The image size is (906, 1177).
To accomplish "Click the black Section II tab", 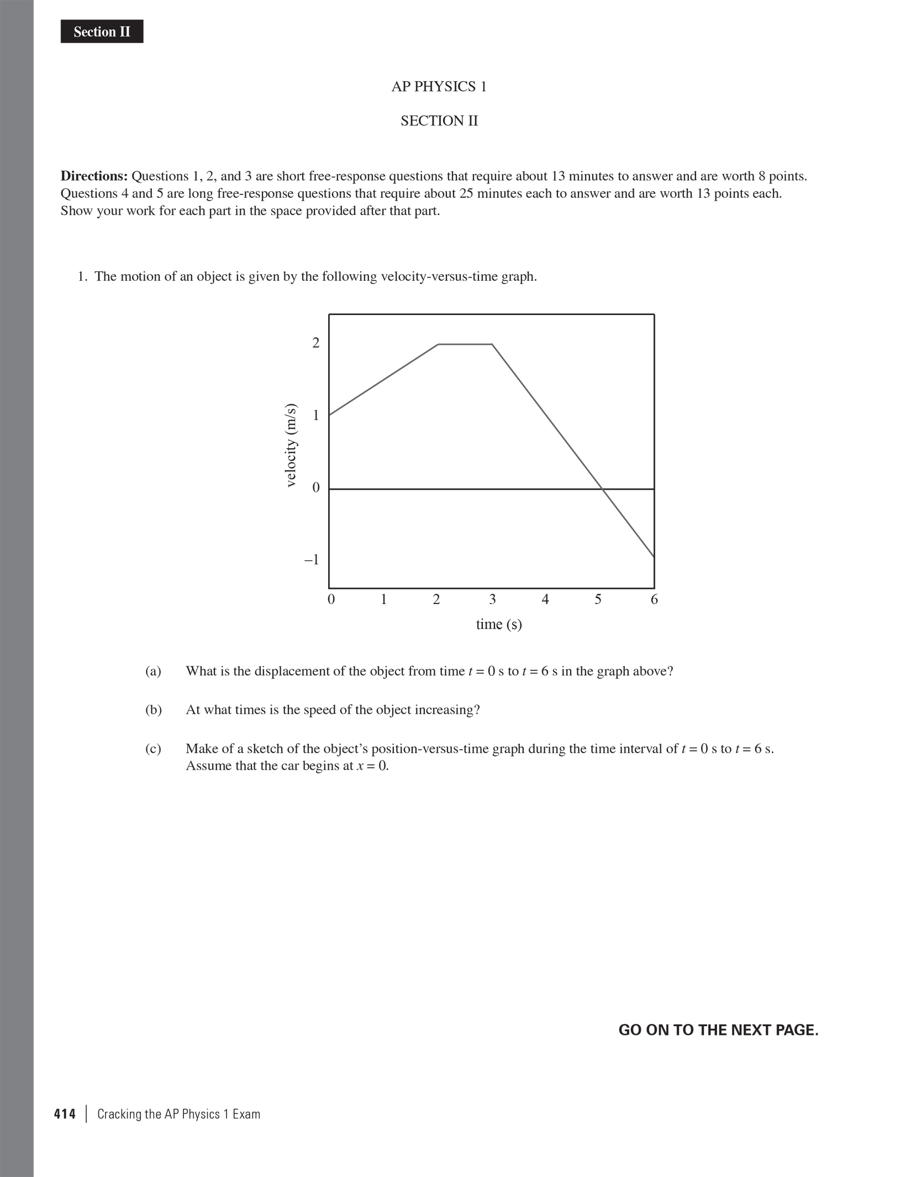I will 102,31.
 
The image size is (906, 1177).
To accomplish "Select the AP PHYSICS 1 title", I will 439,87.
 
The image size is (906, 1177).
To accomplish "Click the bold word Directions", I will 94,176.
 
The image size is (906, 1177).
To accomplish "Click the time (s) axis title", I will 499,624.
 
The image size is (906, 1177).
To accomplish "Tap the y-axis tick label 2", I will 316,343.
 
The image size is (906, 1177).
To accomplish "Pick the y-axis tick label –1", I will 312,560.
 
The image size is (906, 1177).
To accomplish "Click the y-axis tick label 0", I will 316,487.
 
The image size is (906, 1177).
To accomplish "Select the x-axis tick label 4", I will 545,600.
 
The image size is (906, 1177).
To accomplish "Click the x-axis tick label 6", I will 654,600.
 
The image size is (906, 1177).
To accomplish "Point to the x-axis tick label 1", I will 383,600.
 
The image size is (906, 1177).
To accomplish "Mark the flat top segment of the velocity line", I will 465,344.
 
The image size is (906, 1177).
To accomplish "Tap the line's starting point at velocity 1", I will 330,414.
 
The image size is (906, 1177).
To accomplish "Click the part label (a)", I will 153,671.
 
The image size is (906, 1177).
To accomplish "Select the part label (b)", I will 153,710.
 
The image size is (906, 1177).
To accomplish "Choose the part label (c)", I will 153,749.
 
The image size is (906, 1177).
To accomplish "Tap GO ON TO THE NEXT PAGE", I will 718,1030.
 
